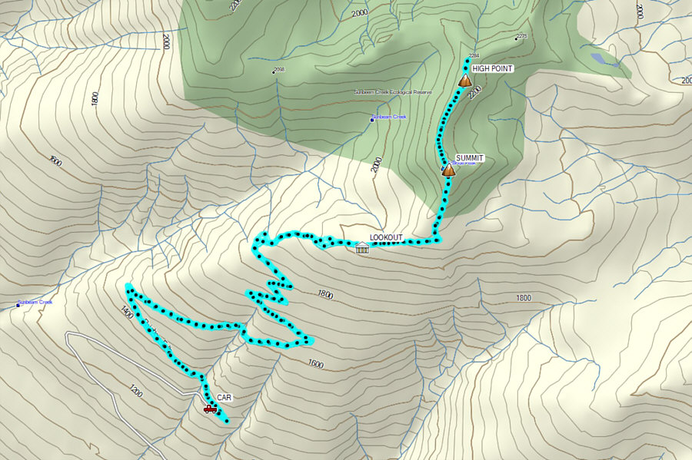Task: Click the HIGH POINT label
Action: pyautogui.click(x=492, y=68)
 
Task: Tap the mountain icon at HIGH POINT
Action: pyautogui.click(x=464, y=80)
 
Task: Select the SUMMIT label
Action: pyautogui.click(x=469, y=157)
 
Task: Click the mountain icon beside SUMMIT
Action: pyautogui.click(x=448, y=170)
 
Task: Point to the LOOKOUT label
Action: pyautogui.click(x=386, y=237)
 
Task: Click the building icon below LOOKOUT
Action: pyautogui.click(x=362, y=247)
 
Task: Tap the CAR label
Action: pyautogui.click(x=224, y=398)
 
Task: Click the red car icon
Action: pyautogui.click(x=210, y=409)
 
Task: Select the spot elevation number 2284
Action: pyautogui.click(x=474, y=56)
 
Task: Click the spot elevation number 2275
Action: pyautogui.click(x=522, y=36)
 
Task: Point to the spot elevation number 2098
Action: pyautogui.click(x=279, y=70)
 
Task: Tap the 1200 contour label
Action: pyautogui.click(x=136, y=391)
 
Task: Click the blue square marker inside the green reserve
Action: pyautogui.click(x=373, y=117)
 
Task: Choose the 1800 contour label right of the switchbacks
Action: pyautogui.click(x=324, y=294)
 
